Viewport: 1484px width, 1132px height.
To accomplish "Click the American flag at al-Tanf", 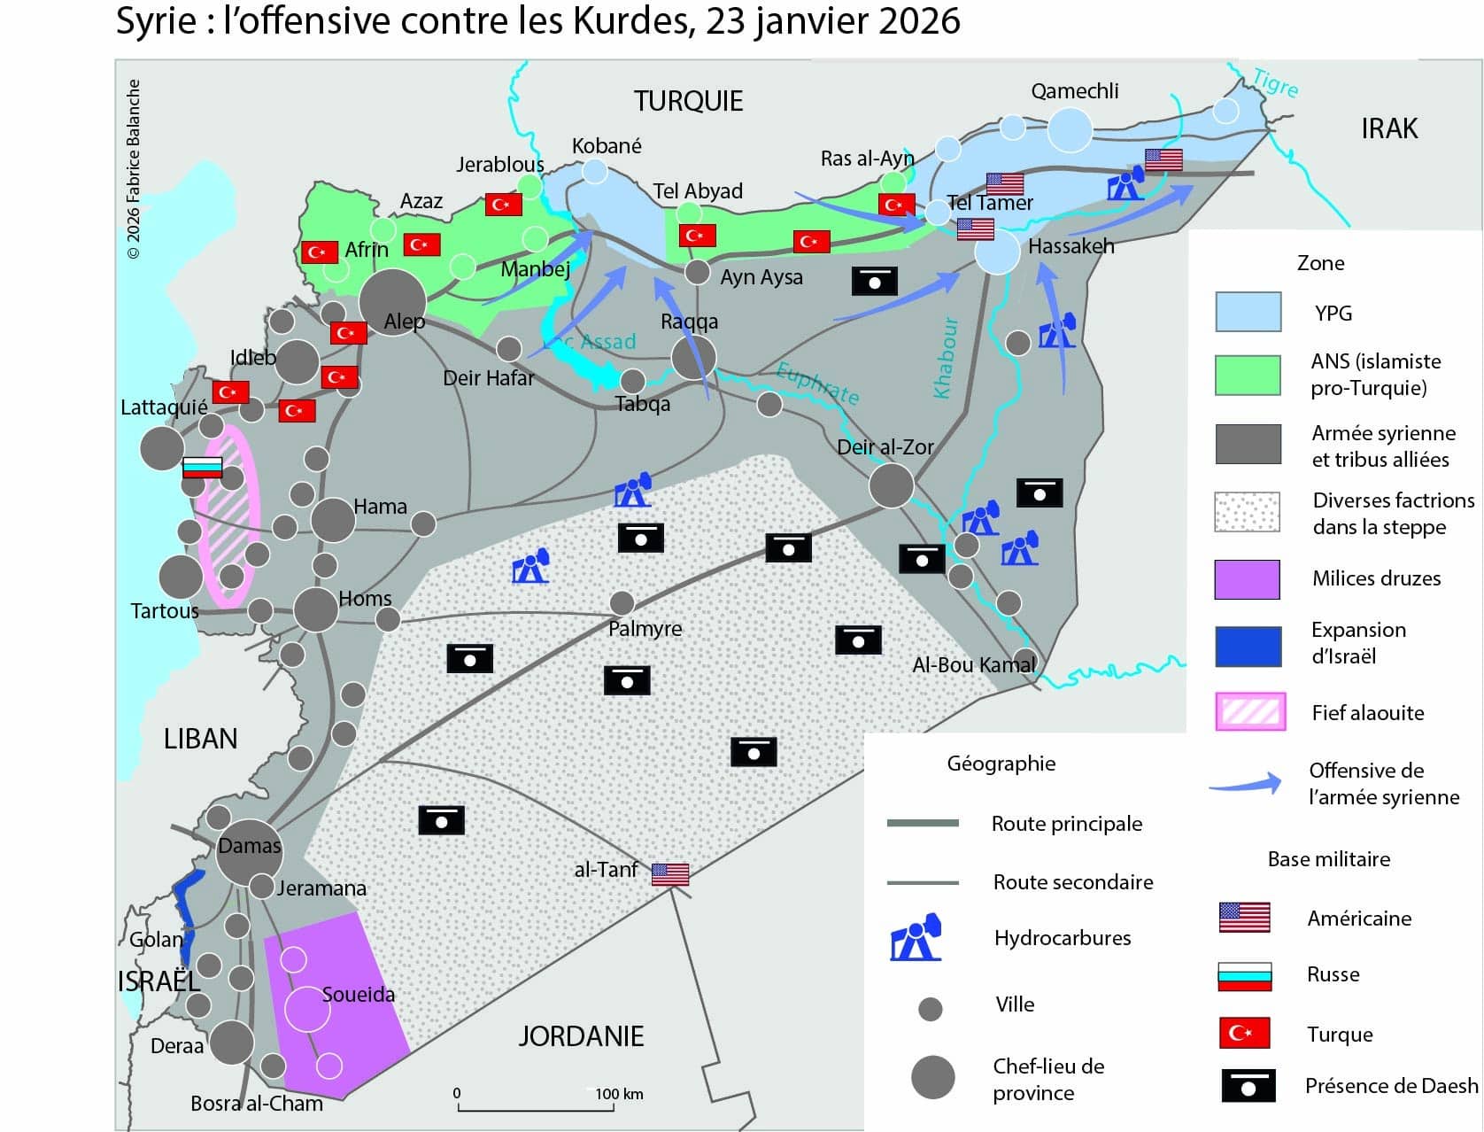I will coord(670,874).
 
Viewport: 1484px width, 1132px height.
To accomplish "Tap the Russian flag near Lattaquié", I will coord(202,467).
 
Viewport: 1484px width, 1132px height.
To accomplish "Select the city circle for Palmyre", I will coord(622,604).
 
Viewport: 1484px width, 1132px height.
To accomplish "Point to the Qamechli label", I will coord(1074,91).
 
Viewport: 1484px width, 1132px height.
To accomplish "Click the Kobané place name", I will coord(607,146).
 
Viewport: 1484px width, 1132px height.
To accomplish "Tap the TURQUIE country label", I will coord(688,102).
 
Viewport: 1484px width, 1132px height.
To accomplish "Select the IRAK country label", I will coord(1388,129).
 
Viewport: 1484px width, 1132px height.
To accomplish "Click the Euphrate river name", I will coord(817,384).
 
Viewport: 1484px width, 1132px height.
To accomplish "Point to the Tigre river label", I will coord(1276,84).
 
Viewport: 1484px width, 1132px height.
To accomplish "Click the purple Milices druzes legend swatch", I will coord(1247,579).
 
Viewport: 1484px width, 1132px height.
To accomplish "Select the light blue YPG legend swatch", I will coord(1248,313).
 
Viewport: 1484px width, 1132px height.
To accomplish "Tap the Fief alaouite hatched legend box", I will coord(1249,712).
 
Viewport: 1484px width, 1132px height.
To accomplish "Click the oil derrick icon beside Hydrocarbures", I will coord(916,938).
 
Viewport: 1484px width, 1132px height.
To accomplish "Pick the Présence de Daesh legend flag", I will coord(1248,1086).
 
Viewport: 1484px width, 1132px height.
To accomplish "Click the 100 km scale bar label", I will coord(619,1094).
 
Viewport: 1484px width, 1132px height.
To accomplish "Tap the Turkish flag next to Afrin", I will coord(319,252).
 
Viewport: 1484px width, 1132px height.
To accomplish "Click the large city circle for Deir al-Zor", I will coord(891,485).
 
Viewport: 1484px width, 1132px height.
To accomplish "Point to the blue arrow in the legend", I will coord(1246,783).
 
